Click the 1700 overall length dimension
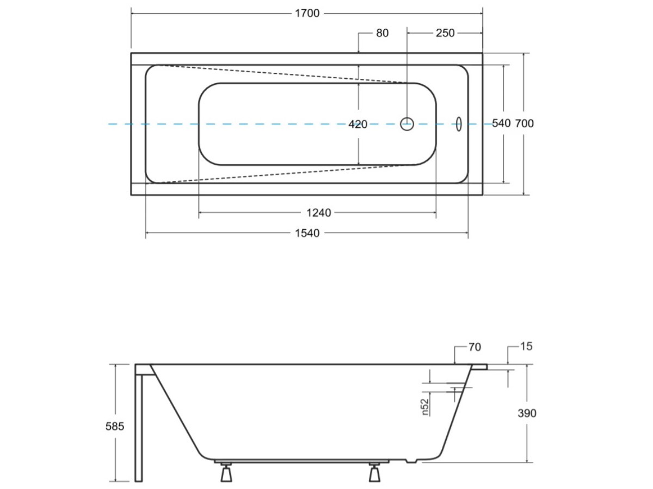(307, 14)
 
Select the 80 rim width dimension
(383, 33)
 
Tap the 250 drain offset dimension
(445, 33)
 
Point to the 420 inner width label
(358, 124)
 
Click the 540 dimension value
(501, 123)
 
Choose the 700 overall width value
(524, 123)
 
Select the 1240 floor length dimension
(319, 213)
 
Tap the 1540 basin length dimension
(307, 234)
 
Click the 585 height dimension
(114, 427)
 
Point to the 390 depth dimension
(527, 413)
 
